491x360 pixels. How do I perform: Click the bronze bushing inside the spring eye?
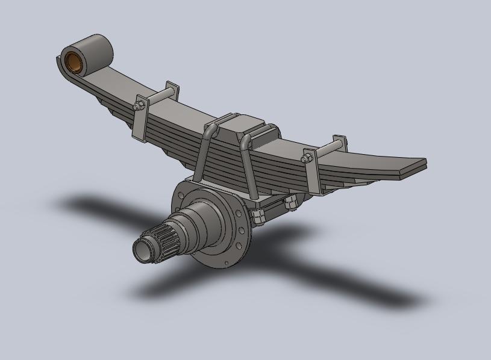tap(74, 61)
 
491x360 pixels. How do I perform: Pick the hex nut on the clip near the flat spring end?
tap(305, 159)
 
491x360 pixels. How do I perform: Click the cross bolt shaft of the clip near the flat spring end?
tap(326, 150)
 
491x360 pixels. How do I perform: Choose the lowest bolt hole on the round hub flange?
tap(227, 263)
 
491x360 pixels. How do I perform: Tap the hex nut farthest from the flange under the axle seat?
tap(291, 202)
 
